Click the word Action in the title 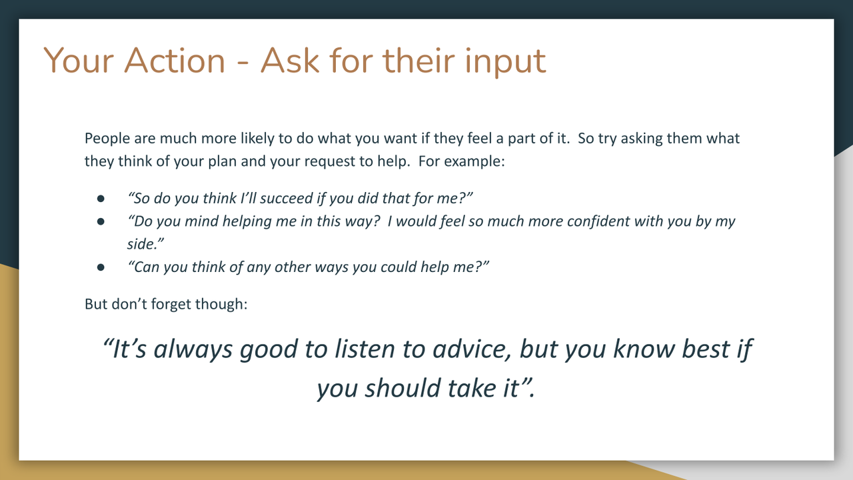(175, 61)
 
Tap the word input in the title (505, 62)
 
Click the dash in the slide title (243, 63)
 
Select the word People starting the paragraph (107, 139)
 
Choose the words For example (461, 161)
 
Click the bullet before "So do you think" (101, 199)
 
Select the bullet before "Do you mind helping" (101, 221)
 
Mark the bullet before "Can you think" (101, 267)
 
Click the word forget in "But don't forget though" (171, 305)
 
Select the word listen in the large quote (365, 349)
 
